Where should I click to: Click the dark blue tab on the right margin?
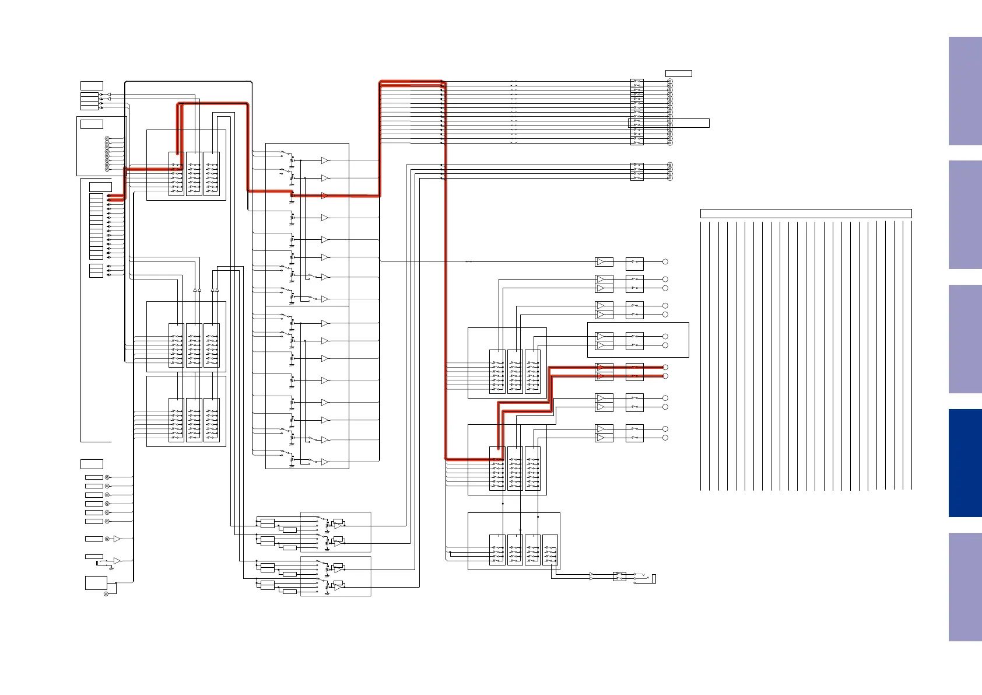click(x=965, y=463)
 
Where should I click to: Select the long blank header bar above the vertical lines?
click(x=805, y=214)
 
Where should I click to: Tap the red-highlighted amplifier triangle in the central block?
click(x=325, y=196)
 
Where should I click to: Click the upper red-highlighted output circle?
click(x=665, y=368)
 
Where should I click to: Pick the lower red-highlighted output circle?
click(x=665, y=376)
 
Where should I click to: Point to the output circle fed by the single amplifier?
click(x=665, y=262)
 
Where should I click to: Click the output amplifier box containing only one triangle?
click(x=604, y=262)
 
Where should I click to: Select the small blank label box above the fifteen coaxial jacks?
click(x=678, y=74)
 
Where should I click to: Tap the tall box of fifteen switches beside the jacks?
click(x=637, y=112)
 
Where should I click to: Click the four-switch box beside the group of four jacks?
click(x=637, y=172)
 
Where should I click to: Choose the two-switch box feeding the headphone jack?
click(x=619, y=577)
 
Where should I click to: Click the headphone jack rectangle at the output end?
click(x=654, y=579)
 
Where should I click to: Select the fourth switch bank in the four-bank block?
click(x=550, y=550)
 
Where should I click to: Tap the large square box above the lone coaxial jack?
click(x=96, y=582)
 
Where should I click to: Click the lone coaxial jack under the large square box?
click(x=106, y=594)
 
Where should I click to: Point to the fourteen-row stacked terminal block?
click(x=96, y=226)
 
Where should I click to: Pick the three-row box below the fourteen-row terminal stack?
click(x=96, y=271)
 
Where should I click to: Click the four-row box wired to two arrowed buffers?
click(x=89, y=101)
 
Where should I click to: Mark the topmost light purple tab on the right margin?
click(x=965, y=91)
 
